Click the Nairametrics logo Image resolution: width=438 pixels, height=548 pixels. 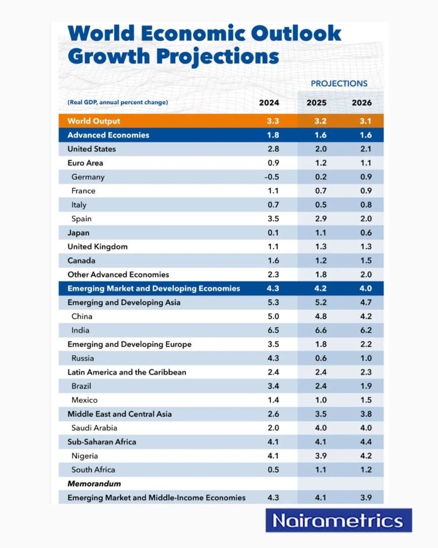[x=338, y=521]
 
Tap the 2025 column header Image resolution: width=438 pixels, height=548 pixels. [x=316, y=102]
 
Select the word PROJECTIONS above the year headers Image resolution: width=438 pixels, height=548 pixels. [x=339, y=84]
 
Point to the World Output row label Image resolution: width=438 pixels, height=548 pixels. [x=94, y=121]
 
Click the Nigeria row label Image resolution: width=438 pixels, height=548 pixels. [x=85, y=456]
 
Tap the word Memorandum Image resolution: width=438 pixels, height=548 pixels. [x=94, y=484]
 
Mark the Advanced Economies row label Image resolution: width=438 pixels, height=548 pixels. [x=108, y=135]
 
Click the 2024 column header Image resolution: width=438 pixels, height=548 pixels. [x=269, y=102]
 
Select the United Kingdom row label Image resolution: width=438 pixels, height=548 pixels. [x=97, y=247]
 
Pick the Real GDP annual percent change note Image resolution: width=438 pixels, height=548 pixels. [x=117, y=102]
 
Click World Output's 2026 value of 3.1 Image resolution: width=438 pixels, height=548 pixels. [x=361, y=121]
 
